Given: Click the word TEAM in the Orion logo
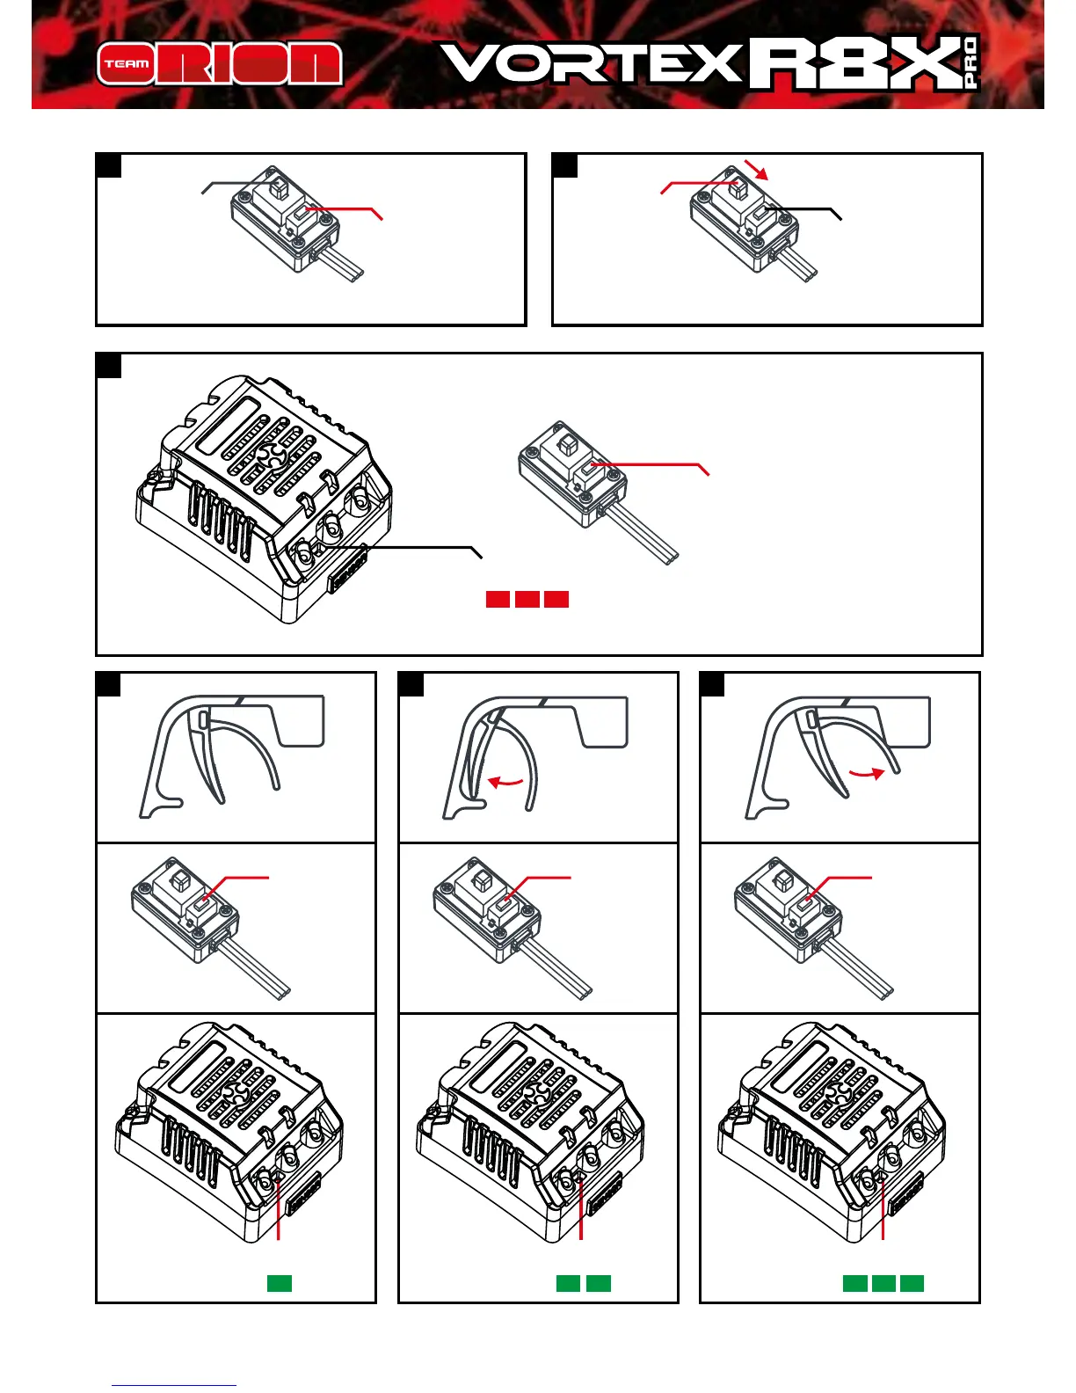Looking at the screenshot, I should [x=127, y=64].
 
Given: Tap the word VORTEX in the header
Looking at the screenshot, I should [x=591, y=64].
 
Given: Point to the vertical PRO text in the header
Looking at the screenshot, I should [x=970, y=63].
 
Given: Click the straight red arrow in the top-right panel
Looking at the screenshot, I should [x=756, y=170].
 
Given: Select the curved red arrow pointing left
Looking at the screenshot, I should [x=505, y=781].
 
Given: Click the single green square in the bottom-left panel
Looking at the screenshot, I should [x=280, y=1283].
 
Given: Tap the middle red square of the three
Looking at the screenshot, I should [x=527, y=599].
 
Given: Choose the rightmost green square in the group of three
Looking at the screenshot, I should [x=912, y=1283].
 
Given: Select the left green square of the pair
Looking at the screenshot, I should [x=568, y=1283].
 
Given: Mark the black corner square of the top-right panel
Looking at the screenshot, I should [x=564, y=165].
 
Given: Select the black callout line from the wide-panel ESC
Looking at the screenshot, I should [x=404, y=548].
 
